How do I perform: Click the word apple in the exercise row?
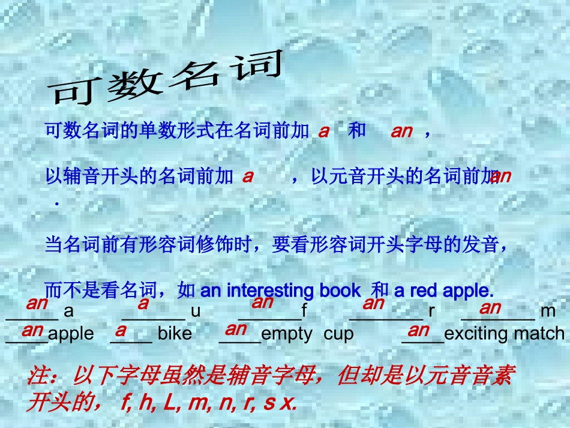point(71,334)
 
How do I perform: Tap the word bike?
point(175,334)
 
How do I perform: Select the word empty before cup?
point(287,334)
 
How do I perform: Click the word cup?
point(338,334)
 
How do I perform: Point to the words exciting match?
point(505,334)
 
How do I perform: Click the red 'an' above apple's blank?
point(32,330)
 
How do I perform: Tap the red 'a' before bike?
point(121,330)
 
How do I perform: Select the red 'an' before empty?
point(236,329)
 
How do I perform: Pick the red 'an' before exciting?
point(418,330)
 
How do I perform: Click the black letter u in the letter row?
point(195,311)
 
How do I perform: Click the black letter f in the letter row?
point(304,311)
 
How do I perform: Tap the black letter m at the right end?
point(548,311)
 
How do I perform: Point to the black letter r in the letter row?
point(431,311)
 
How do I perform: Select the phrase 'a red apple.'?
point(443,291)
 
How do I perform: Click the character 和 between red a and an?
point(357,131)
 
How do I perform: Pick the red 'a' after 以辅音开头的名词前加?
point(248,176)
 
